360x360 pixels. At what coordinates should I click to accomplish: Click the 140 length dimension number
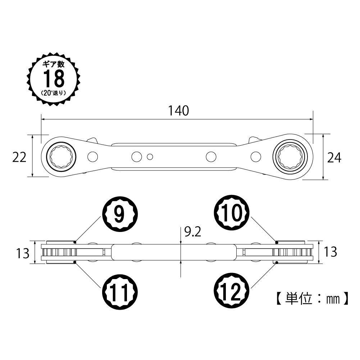click(x=179, y=111)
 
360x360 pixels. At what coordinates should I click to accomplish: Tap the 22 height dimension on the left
click(x=19, y=157)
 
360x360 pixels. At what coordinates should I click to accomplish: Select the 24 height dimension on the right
click(x=334, y=158)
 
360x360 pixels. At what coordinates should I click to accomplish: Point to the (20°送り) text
click(x=54, y=92)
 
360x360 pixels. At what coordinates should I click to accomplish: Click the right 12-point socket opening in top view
click(x=292, y=156)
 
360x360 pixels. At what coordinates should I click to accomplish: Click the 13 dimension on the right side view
click(x=330, y=252)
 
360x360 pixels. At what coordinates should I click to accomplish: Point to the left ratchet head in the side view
click(x=59, y=252)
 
